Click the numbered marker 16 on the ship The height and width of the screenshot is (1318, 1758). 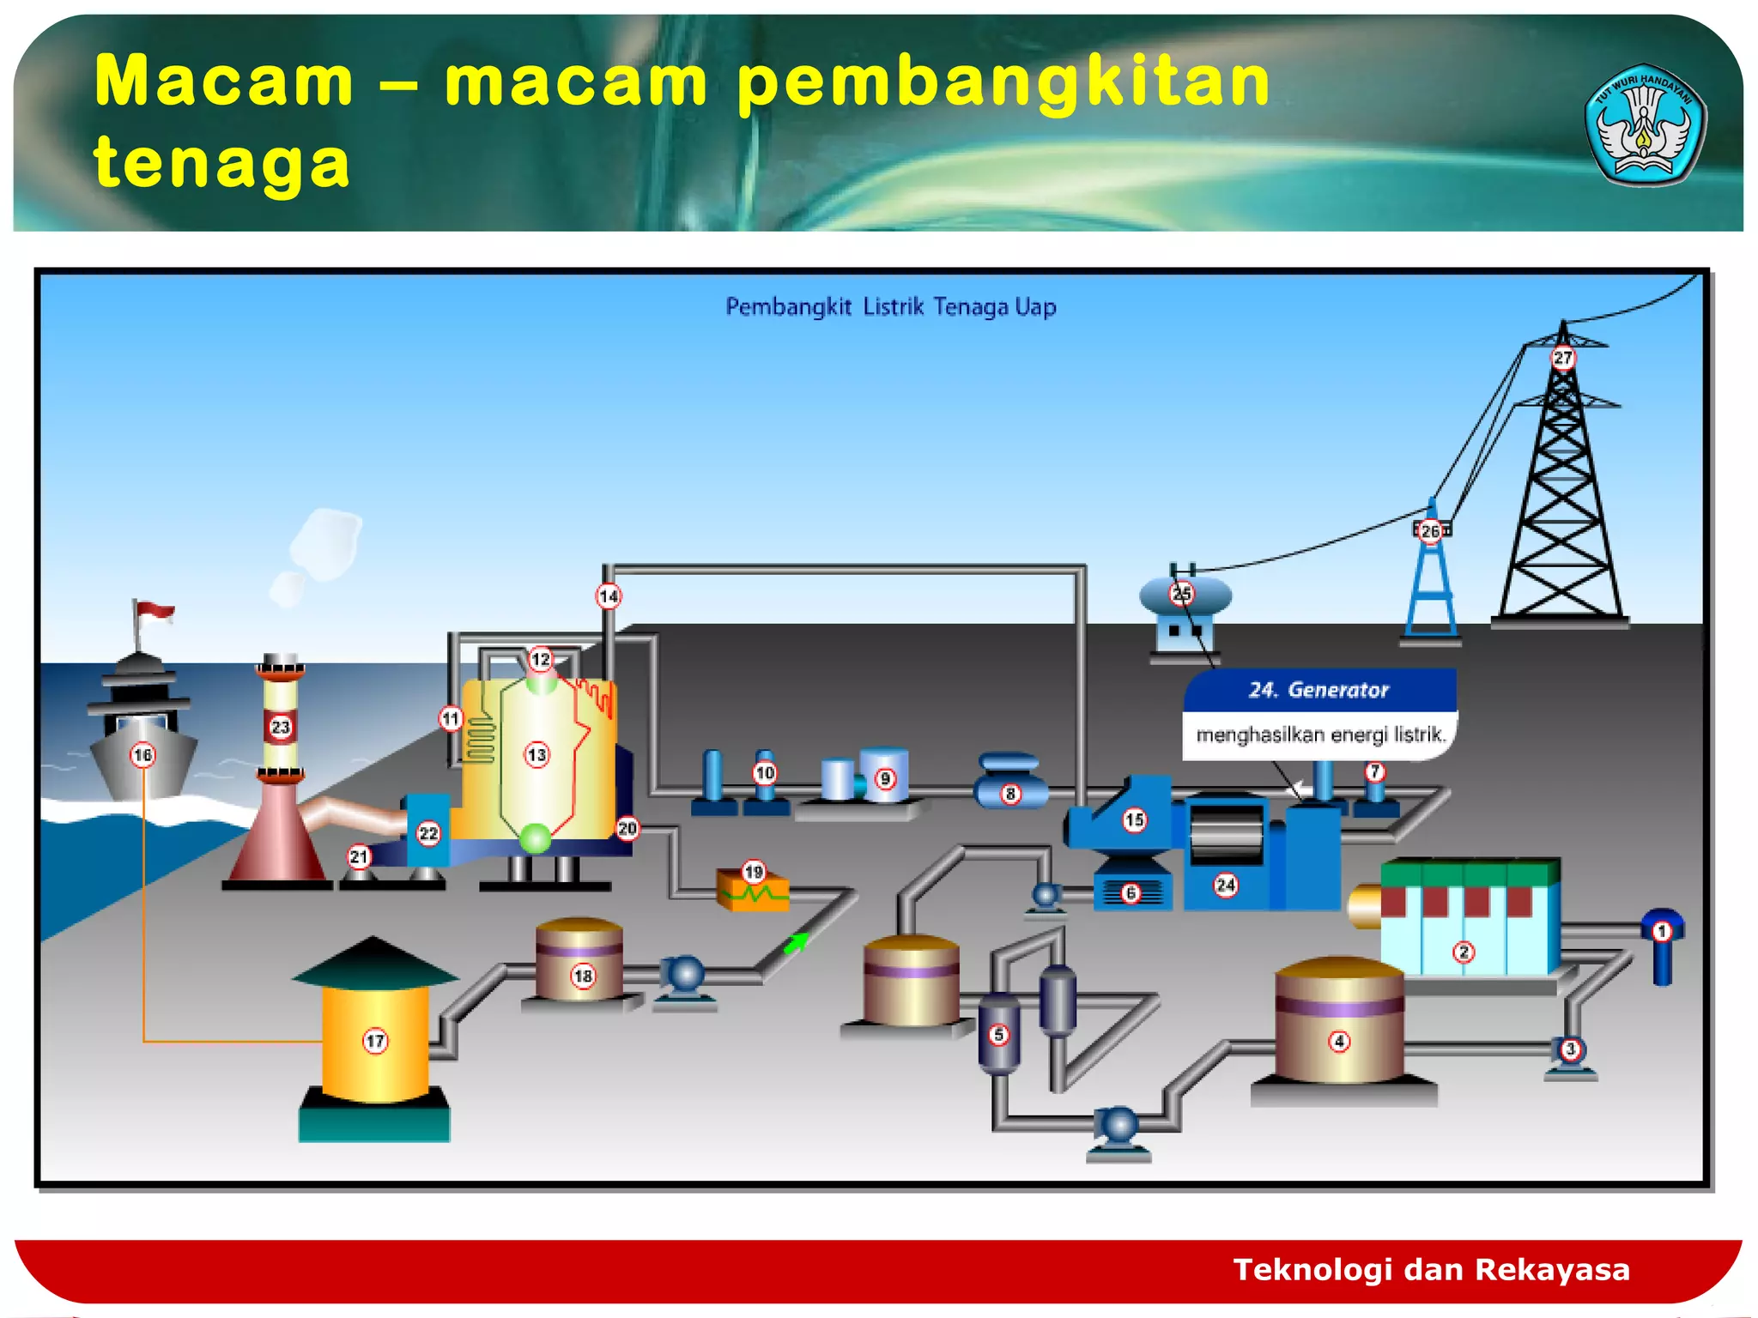tap(142, 755)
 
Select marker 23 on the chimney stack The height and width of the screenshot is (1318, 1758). tap(281, 727)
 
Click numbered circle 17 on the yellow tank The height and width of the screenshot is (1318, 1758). tap(375, 1041)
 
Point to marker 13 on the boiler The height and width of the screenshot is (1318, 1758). tap(537, 755)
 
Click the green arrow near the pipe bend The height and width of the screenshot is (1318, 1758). tap(796, 943)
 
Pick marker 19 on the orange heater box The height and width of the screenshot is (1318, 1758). tap(754, 872)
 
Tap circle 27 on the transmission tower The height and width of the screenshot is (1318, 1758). tap(1562, 357)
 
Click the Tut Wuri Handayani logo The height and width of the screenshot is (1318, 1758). tap(1644, 124)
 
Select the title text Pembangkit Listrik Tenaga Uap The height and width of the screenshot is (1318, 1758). tap(890, 306)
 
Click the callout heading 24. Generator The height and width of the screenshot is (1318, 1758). tap(1318, 690)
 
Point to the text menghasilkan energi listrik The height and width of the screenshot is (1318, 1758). tap(1320, 735)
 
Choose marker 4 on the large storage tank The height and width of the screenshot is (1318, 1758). tap(1339, 1041)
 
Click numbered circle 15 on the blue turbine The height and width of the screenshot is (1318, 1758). tap(1134, 819)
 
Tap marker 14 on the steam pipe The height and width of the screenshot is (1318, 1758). tap(609, 596)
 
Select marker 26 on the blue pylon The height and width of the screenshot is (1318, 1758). tap(1430, 531)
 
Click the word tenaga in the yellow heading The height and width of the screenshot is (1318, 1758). tap(221, 163)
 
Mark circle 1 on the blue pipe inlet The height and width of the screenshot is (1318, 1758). tap(1662, 931)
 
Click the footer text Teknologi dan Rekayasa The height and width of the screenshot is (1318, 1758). tap(1431, 1269)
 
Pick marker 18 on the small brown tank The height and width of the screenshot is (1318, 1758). tap(583, 976)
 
